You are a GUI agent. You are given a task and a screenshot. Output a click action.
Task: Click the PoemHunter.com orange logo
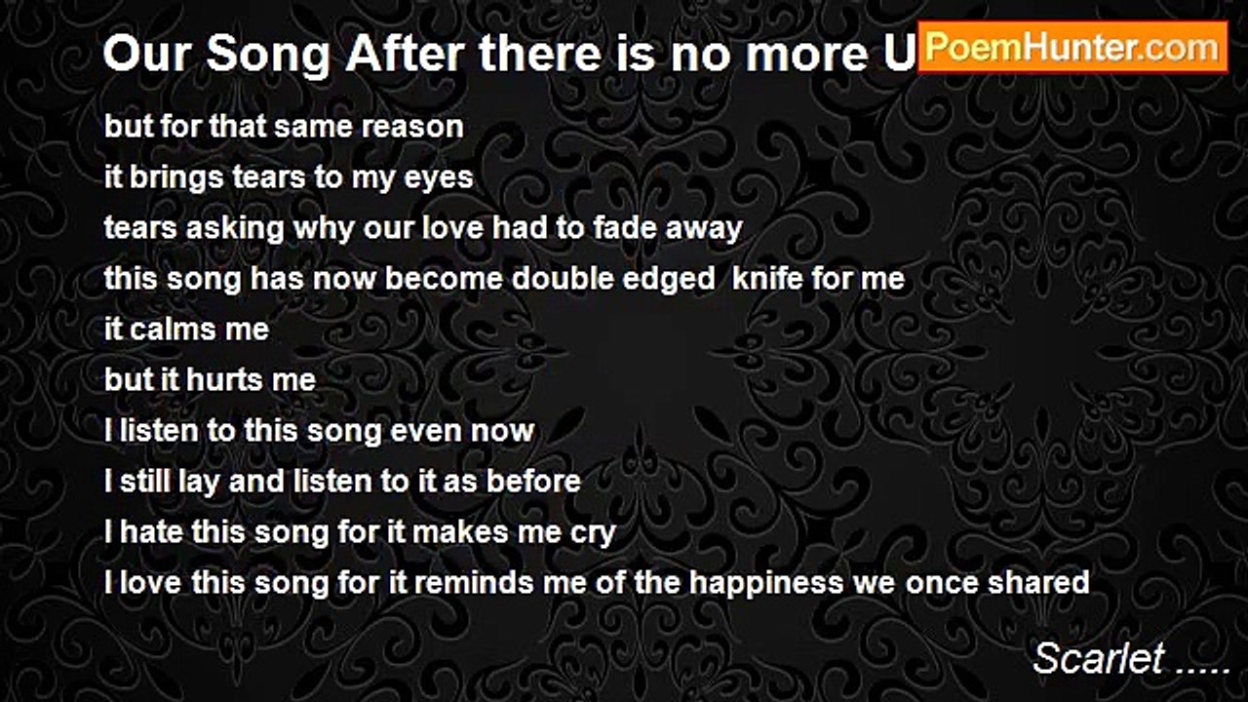click(x=1072, y=48)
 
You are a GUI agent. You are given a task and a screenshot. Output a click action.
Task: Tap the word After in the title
click(x=405, y=55)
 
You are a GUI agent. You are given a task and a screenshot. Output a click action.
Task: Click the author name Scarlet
click(x=1098, y=658)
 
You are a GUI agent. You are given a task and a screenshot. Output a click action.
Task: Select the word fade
click(x=625, y=228)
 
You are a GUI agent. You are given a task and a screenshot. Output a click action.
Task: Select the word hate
click(x=150, y=532)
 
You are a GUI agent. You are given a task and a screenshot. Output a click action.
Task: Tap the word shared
click(x=1038, y=583)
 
